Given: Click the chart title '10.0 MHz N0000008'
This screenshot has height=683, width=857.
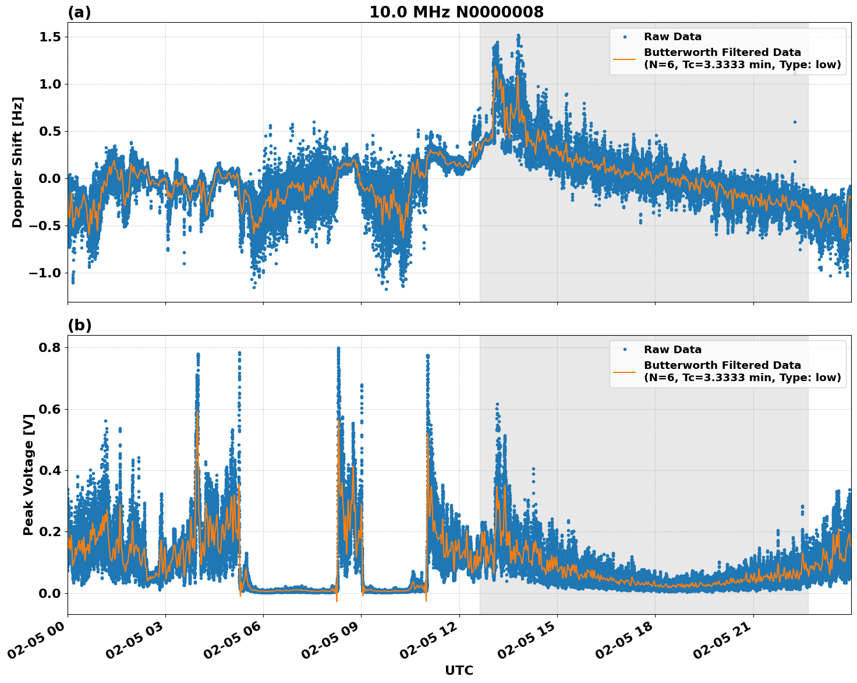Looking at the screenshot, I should [456, 12].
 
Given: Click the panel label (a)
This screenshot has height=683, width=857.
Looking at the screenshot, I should [79, 12].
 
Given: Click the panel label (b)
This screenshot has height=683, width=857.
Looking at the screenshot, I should [79, 325].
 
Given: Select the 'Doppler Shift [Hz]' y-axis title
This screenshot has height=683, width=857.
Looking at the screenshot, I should [17, 162].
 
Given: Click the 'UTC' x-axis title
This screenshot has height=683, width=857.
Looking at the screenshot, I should [459, 670].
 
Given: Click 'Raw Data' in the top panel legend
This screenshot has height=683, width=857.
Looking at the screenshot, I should [672, 37].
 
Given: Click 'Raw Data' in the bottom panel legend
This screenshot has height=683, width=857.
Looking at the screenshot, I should [672, 350].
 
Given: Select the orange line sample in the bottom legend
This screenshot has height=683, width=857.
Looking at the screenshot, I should [625, 371].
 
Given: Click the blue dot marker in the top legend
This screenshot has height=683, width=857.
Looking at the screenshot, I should [625, 37].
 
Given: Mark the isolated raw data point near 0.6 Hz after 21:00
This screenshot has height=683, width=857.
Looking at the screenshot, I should [794, 122].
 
